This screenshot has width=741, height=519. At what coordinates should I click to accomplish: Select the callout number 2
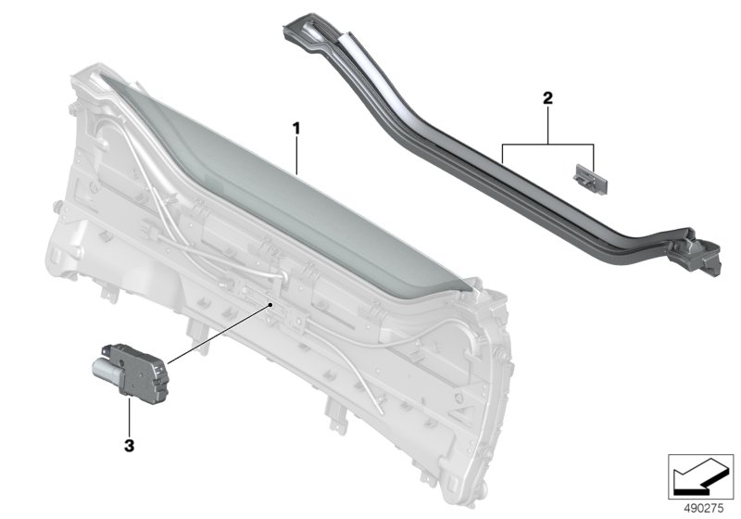coord(547,98)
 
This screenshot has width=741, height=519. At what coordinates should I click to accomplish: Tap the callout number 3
coord(129,445)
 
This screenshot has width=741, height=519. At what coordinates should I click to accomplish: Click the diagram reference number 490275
coord(704,508)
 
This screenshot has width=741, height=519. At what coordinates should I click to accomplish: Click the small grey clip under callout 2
coord(590,179)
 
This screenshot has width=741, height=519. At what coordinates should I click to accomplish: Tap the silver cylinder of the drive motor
coord(107,369)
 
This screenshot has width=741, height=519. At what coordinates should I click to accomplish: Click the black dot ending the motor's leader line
coord(270,305)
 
